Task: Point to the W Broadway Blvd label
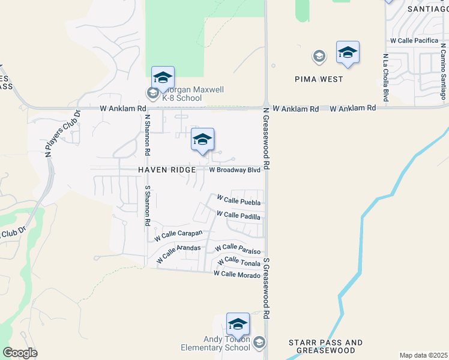click(x=235, y=170)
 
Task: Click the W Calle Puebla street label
click(x=238, y=200)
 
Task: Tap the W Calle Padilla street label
click(x=238, y=215)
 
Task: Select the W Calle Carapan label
click(x=178, y=235)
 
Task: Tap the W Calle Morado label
click(x=237, y=275)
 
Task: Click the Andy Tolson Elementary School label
click(x=216, y=343)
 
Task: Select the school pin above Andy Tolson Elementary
click(x=238, y=324)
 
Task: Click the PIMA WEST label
click(x=319, y=79)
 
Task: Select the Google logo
click(x=20, y=353)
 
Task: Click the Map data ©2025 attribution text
click(x=424, y=355)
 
